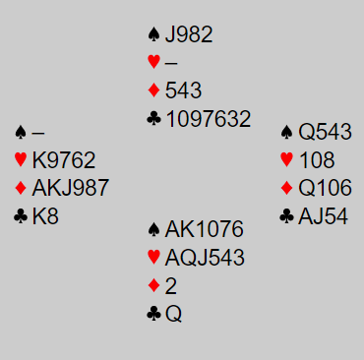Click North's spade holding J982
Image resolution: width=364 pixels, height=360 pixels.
[x=189, y=34]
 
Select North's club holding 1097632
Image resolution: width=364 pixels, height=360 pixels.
[x=209, y=119]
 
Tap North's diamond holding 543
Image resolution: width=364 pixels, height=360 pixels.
[x=183, y=90]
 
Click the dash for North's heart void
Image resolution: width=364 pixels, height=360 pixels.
[x=171, y=62]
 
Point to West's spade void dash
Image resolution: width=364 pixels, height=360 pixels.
[x=37, y=133]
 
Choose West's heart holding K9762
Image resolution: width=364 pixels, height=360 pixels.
[x=64, y=160]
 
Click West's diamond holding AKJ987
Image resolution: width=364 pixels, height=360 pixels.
[x=70, y=188]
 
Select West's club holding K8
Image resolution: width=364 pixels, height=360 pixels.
[x=45, y=216]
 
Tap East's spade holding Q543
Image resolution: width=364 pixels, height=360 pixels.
[x=325, y=132]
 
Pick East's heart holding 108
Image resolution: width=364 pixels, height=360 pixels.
[x=317, y=160]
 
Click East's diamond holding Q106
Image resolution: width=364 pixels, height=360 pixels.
[x=325, y=188]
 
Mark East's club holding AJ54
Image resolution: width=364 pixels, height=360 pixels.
[x=323, y=216]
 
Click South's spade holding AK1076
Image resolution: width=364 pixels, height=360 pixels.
[x=205, y=229]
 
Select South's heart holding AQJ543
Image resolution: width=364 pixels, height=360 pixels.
[x=205, y=258]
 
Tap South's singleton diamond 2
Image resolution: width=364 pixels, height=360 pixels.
[x=171, y=285]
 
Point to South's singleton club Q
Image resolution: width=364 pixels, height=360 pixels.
[x=173, y=314]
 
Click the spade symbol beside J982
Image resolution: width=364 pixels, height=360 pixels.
[x=153, y=34]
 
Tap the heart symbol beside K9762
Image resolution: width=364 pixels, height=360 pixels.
[x=21, y=159]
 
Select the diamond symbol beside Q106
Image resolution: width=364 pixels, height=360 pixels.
[x=286, y=188]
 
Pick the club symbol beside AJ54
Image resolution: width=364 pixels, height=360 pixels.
[x=286, y=216]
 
